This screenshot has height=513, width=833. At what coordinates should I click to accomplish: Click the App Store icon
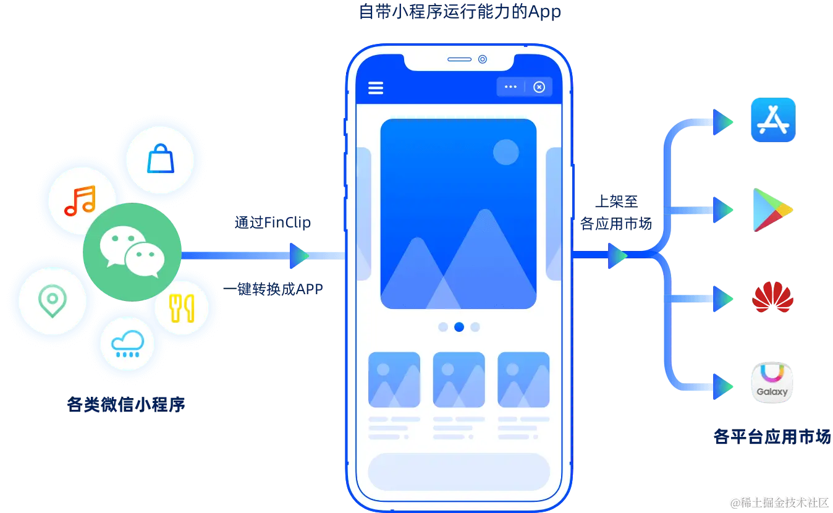click(772, 120)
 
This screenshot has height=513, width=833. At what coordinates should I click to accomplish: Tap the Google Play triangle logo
click(771, 211)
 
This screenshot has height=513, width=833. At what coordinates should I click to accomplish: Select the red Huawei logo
click(772, 299)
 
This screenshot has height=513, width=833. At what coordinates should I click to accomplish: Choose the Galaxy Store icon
click(772, 383)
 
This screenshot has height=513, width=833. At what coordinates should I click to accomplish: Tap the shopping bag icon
click(160, 159)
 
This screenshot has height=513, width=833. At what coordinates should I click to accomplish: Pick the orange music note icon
click(80, 200)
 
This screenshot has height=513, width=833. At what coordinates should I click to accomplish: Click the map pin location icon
click(52, 301)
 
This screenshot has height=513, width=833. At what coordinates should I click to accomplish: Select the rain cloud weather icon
click(128, 343)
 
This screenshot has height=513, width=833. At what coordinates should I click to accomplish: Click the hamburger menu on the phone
click(376, 88)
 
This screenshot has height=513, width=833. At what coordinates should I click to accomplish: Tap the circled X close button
click(539, 87)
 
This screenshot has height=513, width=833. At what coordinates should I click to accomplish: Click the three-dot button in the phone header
click(510, 87)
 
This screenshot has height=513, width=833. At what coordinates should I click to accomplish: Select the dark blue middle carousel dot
click(459, 327)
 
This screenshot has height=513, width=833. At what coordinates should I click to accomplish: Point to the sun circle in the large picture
click(505, 152)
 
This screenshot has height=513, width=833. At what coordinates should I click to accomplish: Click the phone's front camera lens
click(483, 59)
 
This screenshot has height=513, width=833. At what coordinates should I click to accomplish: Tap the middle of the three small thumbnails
click(459, 379)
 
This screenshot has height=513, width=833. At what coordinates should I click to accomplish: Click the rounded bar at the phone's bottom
click(459, 472)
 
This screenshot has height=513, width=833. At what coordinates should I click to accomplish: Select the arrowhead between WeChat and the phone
click(299, 255)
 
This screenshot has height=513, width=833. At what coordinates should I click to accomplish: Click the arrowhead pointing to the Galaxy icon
click(721, 386)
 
